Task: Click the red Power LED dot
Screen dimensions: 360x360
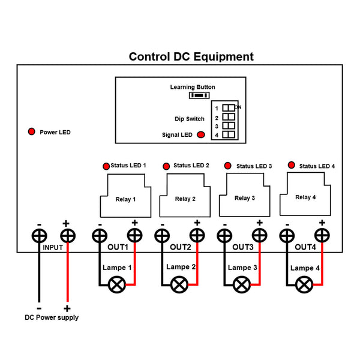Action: [x=31, y=131]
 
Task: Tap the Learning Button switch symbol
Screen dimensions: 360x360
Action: [x=199, y=95]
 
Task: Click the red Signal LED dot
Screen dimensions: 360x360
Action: [x=200, y=135]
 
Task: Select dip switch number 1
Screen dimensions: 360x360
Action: [x=229, y=108]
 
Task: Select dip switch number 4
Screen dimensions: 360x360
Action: [x=229, y=135]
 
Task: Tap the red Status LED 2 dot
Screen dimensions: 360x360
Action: [x=166, y=166]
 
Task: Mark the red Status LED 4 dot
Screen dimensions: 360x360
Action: [x=292, y=165]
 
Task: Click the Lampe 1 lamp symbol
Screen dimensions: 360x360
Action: [x=116, y=284]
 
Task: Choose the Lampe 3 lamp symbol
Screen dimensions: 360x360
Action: [x=242, y=284]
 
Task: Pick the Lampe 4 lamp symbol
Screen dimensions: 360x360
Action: [x=305, y=284]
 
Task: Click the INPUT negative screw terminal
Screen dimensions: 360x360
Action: [x=40, y=236]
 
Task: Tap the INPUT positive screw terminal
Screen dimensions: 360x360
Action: [x=67, y=236]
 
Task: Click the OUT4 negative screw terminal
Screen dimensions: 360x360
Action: [x=289, y=236]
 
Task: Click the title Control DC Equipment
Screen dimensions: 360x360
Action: [x=191, y=57]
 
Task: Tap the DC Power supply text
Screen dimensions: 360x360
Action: [x=51, y=317]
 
